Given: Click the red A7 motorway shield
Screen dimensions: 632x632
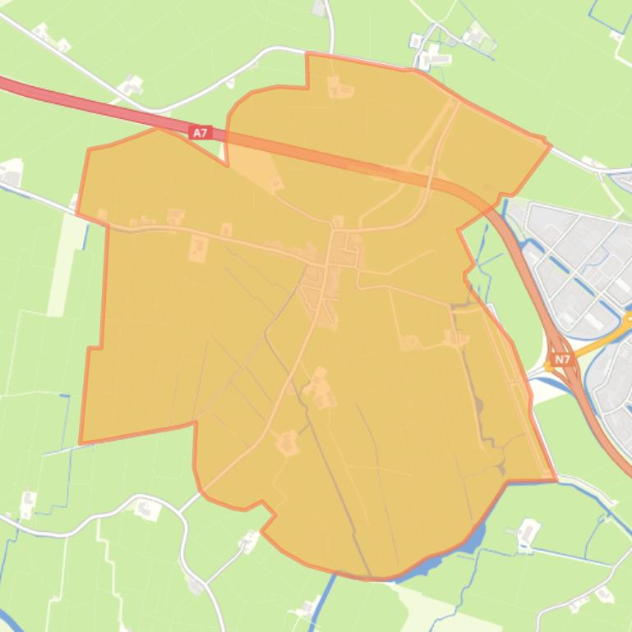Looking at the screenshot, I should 200,131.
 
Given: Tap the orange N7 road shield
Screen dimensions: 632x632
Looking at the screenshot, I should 562,360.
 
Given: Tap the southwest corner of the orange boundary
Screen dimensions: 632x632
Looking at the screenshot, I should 81,442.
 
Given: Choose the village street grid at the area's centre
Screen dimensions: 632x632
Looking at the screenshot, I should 333,263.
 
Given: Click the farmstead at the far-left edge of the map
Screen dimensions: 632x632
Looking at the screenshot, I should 10,173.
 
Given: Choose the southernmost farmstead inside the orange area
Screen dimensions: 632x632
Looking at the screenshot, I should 287,443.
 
